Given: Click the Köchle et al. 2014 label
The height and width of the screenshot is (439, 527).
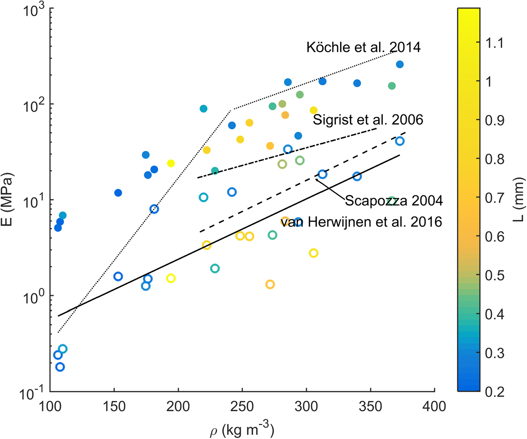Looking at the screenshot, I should pyautogui.click(x=363, y=47).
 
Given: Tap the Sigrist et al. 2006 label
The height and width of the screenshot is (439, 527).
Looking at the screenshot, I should pyautogui.click(x=368, y=120).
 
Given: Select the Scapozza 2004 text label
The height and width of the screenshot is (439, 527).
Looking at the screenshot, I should pyautogui.click(x=393, y=200).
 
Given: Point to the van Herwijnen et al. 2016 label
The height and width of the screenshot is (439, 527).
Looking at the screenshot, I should pyautogui.click(x=361, y=222).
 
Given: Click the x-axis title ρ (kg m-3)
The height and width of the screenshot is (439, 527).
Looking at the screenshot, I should pyautogui.click(x=241, y=430).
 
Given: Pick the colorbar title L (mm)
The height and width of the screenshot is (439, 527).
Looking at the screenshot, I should pyautogui.click(x=520, y=200).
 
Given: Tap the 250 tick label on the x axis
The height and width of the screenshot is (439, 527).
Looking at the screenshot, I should pyautogui.click(x=242, y=407).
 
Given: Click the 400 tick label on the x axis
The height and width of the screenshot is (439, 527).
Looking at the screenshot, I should pyautogui.click(x=434, y=407).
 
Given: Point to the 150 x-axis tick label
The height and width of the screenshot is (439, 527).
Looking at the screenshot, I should pyautogui.click(x=114, y=407).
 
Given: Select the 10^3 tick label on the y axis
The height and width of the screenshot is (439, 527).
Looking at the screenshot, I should pyautogui.click(x=34, y=9).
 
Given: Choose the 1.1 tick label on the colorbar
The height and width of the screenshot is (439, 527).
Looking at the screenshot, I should pyautogui.click(x=494, y=43).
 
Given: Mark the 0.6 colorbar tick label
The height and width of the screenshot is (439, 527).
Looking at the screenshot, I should pyautogui.click(x=494, y=236).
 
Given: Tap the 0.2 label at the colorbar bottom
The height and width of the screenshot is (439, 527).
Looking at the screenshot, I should pyautogui.click(x=494, y=392).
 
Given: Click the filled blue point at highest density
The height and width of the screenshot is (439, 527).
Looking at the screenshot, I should pyautogui.click(x=400, y=64).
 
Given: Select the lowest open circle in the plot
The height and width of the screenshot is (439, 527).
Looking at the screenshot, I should pyautogui.click(x=60, y=367).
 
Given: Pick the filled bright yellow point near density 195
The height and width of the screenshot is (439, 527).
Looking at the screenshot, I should pyautogui.click(x=171, y=163).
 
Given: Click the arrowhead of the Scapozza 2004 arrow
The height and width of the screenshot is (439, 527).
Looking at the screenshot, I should pyautogui.click(x=317, y=180).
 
